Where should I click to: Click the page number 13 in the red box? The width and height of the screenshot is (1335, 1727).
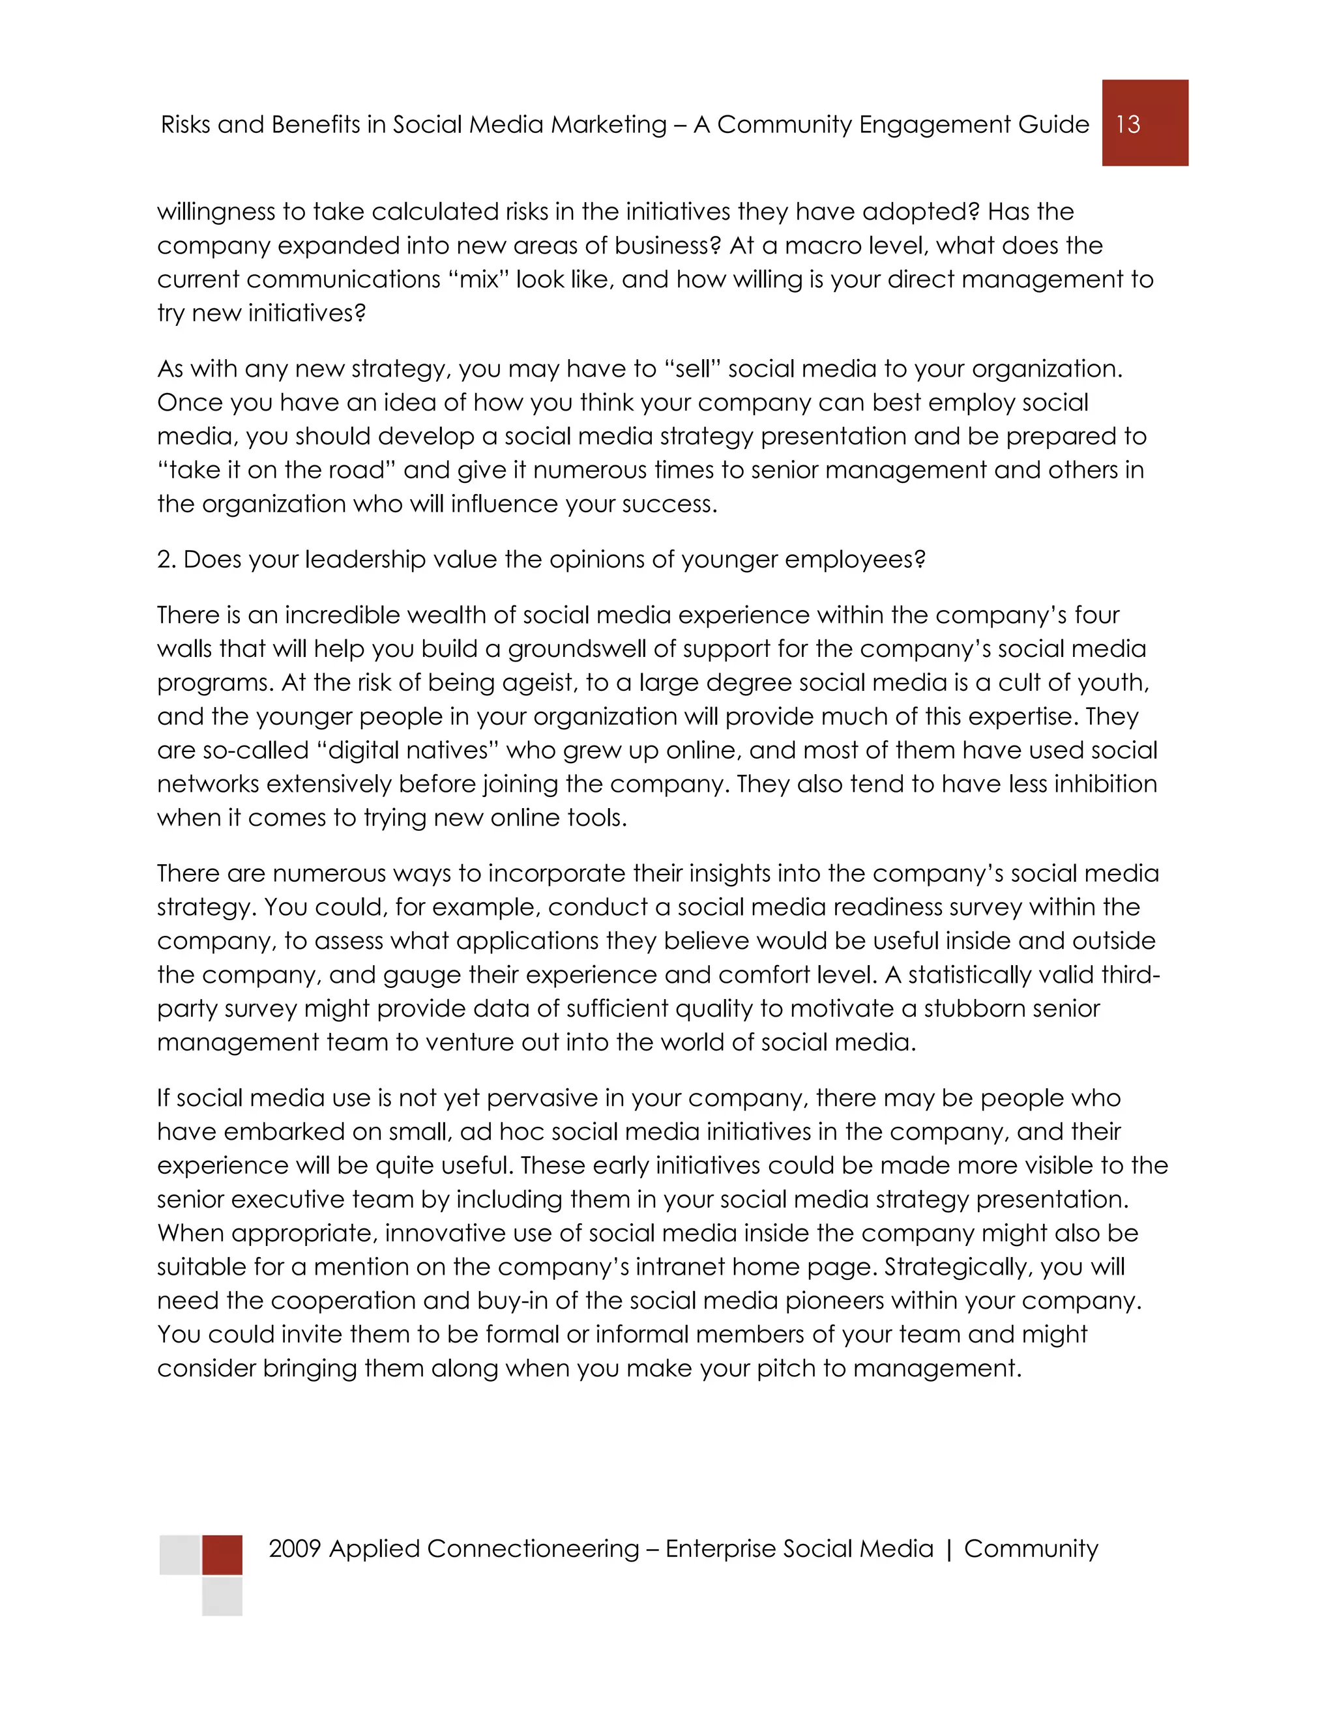pos(1128,124)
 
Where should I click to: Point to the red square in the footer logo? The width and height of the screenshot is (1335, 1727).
pos(222,1554)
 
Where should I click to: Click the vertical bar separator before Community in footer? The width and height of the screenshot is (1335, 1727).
pos(949,1549)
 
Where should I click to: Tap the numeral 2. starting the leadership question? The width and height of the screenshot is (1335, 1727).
pos(166,559)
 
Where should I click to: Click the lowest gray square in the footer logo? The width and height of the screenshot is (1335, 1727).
pos(222,1596)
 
